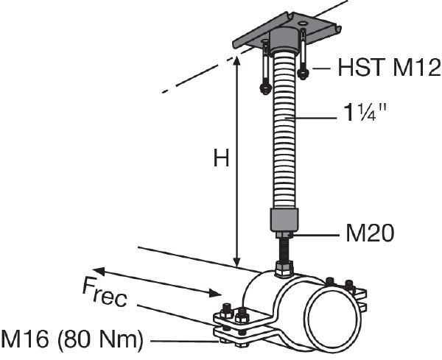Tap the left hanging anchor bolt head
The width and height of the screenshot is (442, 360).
pyautogui.click(x=264, y=89)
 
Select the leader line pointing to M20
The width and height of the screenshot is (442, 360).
pyautogui.click(x=317, y=235)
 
